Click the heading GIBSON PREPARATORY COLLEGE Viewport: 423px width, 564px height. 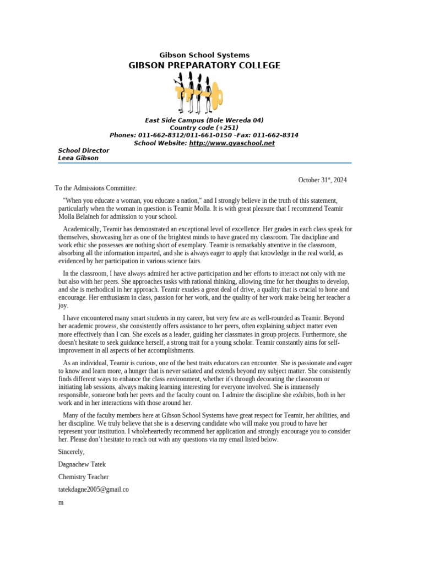click(204, 66)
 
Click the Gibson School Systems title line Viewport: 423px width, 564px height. click(204, 55)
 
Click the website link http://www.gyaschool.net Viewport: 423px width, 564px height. click(231, 143)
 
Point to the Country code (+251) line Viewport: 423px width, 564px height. click(204, 128)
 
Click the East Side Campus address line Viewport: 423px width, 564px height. click(204, 120)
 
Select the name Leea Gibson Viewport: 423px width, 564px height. click(78, 158)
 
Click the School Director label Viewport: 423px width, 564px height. click(84, 150)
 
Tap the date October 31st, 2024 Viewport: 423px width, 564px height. click(322, 180)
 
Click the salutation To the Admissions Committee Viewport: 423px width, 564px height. click(96, 188)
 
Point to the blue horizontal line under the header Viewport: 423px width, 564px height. click(204, 163)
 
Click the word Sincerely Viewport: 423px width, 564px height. click(72, 452)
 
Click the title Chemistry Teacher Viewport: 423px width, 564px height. click(84, 477)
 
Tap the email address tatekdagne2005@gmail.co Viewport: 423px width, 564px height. click(94, 489)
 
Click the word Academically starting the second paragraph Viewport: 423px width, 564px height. click(82, 229)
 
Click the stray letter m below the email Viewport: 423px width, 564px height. click(61, 502)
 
